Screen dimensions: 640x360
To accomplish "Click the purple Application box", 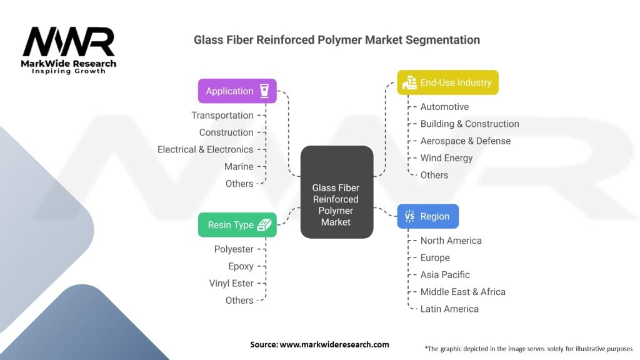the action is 237,91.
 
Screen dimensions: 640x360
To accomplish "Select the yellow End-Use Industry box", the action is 447,82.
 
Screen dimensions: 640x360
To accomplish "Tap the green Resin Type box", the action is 237,225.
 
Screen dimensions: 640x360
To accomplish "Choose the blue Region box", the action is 427,216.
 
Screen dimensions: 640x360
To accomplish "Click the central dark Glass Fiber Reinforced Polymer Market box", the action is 337,192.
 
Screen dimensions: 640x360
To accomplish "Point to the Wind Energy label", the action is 446,158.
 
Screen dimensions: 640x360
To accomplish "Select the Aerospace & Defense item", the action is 465,141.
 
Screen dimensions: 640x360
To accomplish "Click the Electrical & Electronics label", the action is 205,149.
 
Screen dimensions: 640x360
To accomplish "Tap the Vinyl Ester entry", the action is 231,283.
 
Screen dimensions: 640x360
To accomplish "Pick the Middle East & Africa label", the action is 463,292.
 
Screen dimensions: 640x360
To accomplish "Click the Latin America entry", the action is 449,309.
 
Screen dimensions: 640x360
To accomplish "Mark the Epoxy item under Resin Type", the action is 241,266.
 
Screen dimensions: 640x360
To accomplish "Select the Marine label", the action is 239,166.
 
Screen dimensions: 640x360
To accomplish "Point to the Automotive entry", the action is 444,106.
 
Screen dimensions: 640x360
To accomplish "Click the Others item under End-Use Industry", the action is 434,175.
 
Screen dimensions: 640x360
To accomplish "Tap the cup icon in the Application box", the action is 264,91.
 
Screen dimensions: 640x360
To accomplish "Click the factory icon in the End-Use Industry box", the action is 409,82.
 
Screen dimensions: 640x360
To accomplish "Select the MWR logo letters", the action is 69,42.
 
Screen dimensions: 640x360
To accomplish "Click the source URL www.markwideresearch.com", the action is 334,344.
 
